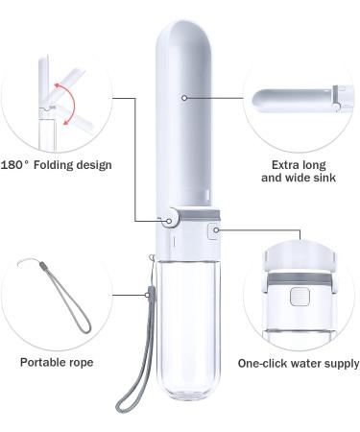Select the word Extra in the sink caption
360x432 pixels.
pyautogui.click(x=275, y=165)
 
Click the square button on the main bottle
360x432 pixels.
pyautogui.click(x=216, y=229)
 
